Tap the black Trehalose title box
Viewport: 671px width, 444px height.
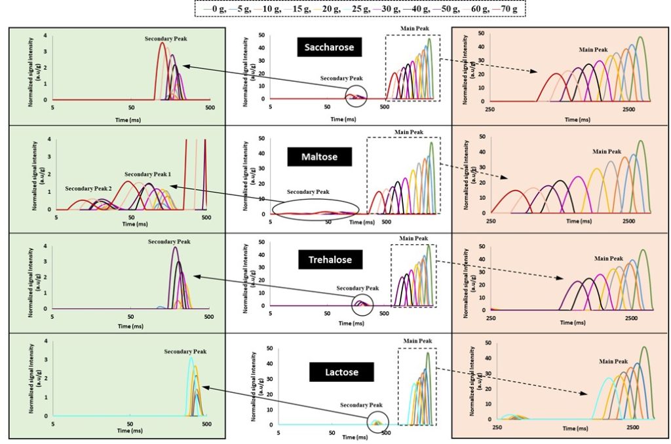(x=330, y=260)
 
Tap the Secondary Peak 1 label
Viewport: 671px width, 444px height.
(x=148, y=175)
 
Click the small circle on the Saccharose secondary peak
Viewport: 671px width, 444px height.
(x=358, y=96)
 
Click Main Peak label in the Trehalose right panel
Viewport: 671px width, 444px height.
(x=607, y=258)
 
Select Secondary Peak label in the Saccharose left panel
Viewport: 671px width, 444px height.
(x=166, y=39)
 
